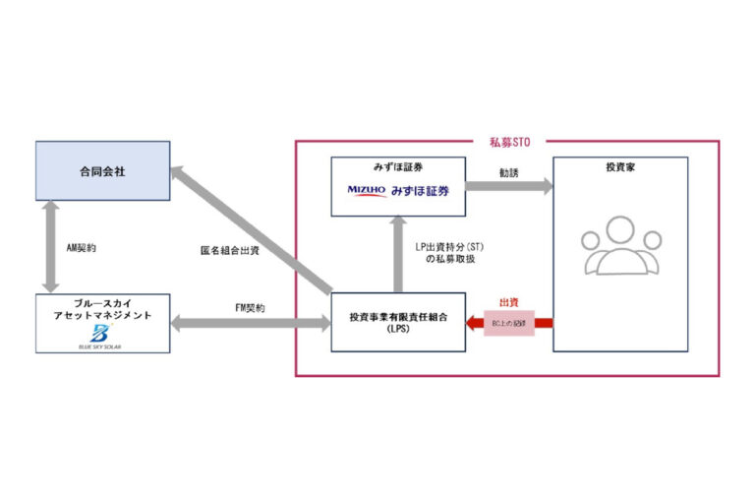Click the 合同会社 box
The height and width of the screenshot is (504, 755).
(102, 171)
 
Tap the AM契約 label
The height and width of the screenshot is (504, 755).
(82, 249)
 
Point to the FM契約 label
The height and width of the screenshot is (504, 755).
(250, 308)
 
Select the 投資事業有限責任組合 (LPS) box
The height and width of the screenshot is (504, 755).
(397, 322)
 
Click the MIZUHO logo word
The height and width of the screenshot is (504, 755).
(367, 190)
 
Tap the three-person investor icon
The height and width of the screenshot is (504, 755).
(619, 246)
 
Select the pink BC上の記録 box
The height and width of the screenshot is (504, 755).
(508, 323)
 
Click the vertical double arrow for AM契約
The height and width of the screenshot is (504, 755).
(48, 248)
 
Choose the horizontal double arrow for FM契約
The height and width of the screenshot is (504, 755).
(250, 322)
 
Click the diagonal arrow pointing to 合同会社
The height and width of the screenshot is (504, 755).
(251, 228)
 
